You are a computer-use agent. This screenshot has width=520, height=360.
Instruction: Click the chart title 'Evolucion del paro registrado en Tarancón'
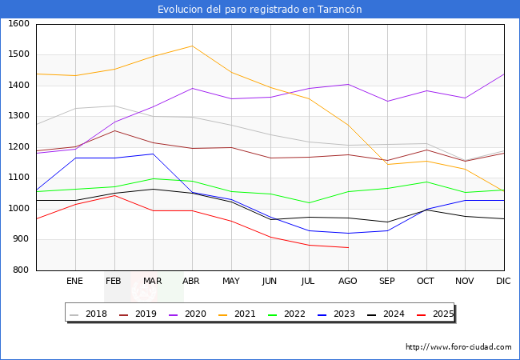[260, 9]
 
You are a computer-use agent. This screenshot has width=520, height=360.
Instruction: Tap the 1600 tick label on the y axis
[18, 24]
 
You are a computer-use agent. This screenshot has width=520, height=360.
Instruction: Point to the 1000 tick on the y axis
[18, 209]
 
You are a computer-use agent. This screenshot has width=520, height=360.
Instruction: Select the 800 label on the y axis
[21, 270]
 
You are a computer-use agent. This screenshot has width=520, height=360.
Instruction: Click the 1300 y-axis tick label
[18, 117]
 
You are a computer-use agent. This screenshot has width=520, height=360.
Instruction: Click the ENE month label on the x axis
[74, 281]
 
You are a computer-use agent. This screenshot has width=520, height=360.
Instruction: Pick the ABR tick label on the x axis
[191, 281]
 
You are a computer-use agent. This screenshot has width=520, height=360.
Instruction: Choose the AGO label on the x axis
[348, 281]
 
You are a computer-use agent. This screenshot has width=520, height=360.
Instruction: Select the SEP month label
[387, 281]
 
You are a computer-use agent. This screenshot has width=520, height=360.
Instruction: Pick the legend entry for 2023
[344, 314]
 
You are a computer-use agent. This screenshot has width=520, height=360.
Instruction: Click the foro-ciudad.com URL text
[458, 347]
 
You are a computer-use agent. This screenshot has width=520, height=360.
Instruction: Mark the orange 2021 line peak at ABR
[191, 46]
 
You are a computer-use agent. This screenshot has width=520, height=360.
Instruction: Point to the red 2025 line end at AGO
[348, 248]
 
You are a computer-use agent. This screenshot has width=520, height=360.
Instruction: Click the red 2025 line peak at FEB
[114, 195]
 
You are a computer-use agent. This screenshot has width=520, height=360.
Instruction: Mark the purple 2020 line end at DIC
[504, 74]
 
